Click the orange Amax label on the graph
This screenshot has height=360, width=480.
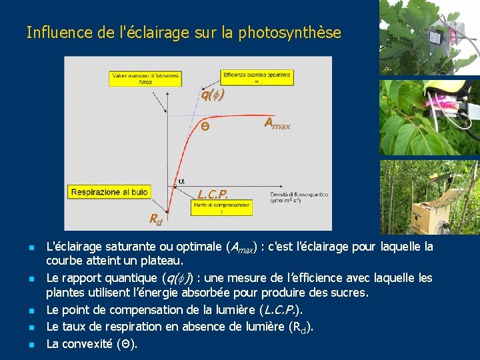[x=277, y=123]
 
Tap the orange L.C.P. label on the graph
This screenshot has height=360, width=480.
[x=213, y=195]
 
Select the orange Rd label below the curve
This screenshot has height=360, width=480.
[x=155, y=219]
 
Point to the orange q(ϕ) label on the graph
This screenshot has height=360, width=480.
[x=212, y=95]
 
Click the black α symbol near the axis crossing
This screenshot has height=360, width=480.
[x=181, y=181]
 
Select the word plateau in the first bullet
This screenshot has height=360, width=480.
[x=161, y=260]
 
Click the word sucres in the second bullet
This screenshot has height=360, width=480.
[x=348, y=293]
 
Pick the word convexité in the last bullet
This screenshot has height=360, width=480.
[x=85, y=344]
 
